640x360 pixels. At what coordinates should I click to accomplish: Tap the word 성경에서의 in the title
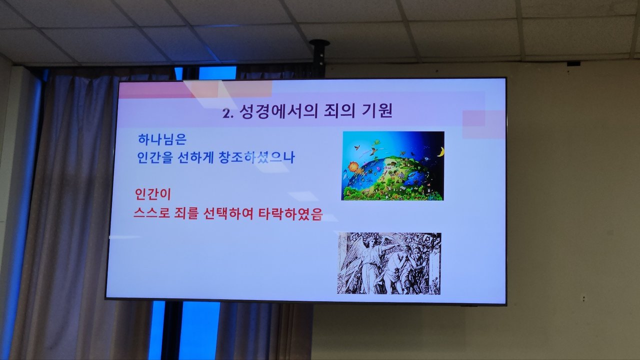[x=278, y=111]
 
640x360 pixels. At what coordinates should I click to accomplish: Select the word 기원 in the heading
[x=377, y=110]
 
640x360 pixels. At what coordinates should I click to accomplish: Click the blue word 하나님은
[x=162, y=139]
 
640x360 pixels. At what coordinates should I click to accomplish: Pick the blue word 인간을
[x=155, y=157]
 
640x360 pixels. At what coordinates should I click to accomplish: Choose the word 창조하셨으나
[x=256, y=157]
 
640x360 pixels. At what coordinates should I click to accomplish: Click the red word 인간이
[x=153, y=194]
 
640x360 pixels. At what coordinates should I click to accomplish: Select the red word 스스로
[x=151, y=213]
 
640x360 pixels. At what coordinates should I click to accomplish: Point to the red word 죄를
[x=186, y=213]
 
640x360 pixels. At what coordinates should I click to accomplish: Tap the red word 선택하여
[x=228, y=213]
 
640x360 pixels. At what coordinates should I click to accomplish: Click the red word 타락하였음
[x=290, y=213]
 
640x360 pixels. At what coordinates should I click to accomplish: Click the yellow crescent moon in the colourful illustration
[x=441, y=151]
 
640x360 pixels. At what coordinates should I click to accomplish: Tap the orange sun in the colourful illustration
[x=353, y=166]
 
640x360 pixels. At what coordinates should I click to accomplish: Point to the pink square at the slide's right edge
[x=483, y=124]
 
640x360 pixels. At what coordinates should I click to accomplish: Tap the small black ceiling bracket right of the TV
[x=573, y=63]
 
